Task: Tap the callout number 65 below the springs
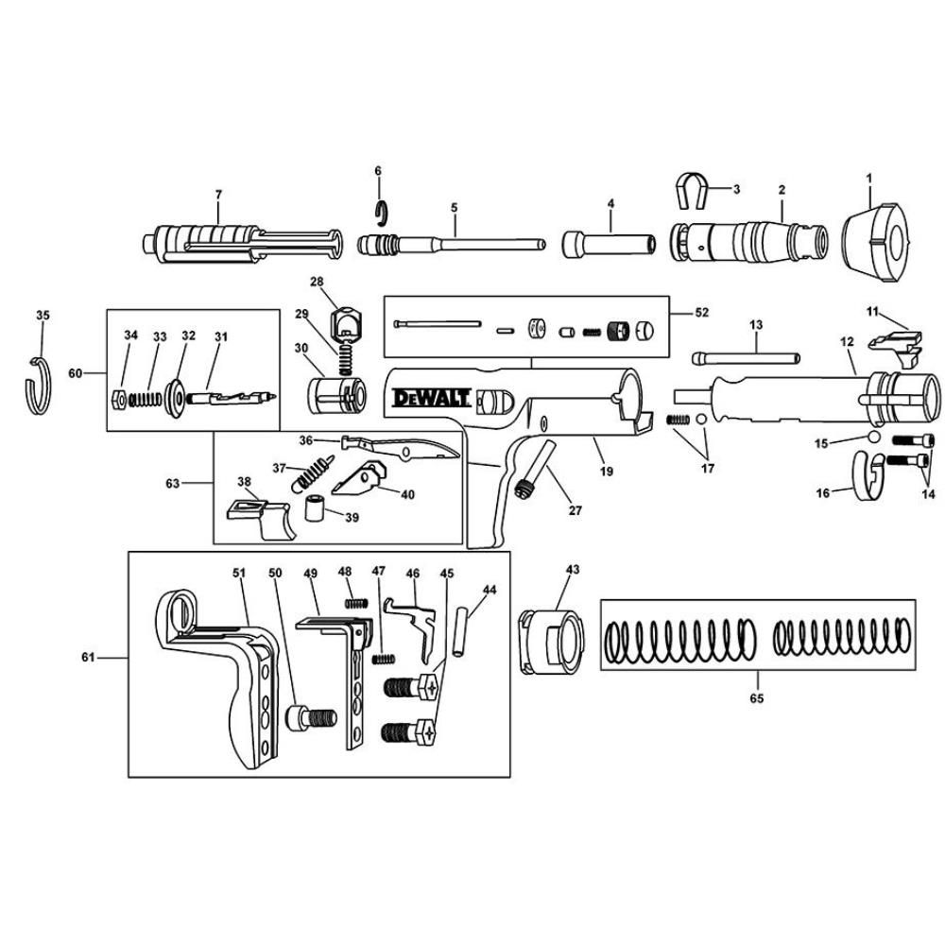coord(757,699)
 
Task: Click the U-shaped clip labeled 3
coord(695,192)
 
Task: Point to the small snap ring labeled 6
coord(380,214)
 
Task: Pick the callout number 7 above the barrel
coord(218,194)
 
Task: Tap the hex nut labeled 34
coord(120,397)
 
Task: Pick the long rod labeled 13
coord(747,357)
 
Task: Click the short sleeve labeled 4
coord(610,244)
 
